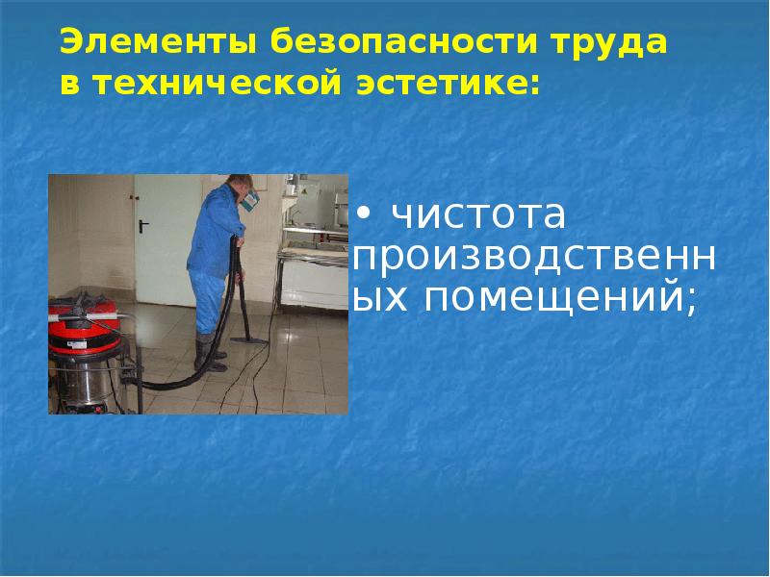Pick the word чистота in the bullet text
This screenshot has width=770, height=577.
(476, 215)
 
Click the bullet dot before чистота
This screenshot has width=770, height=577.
(364, 212)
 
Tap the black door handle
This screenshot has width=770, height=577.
(143, 227)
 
